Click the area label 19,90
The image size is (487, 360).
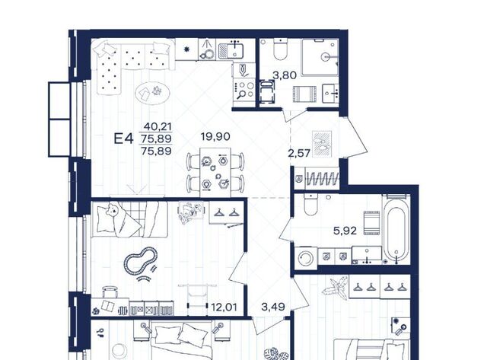215,136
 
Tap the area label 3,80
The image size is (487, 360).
285,75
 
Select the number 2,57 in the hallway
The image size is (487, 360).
299,153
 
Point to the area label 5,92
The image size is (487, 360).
345,231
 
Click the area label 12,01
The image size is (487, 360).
224,307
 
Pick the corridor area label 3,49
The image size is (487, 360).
273,307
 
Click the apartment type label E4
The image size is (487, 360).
123,139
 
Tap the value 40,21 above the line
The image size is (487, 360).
158,126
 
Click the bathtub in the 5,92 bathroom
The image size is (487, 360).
396,230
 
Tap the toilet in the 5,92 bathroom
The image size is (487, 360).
310,205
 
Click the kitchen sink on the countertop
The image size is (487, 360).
231,51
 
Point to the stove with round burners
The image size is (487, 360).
243,90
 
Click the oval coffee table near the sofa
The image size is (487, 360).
152,93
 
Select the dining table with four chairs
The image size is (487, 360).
215,172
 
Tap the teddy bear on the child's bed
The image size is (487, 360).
113,209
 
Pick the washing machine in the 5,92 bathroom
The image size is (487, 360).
306,257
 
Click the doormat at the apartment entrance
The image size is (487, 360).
322,144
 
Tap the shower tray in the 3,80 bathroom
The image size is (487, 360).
320,57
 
